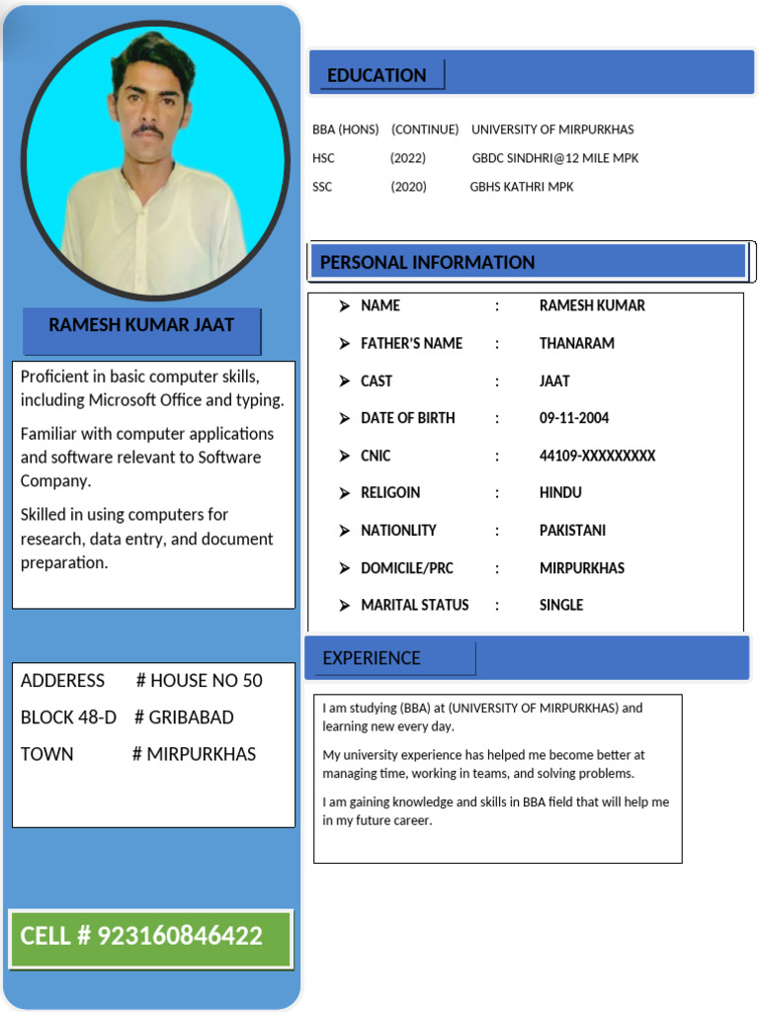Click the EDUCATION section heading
(x=377, y=75)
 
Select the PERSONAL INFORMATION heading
(x=427, y=262)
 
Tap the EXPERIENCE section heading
(x=372, y=658)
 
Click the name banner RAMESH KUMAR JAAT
(x=141, y=325)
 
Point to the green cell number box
(x=150, y=937)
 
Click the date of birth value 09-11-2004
(x=573, y=418)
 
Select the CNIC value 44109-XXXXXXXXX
(x=597, y=456)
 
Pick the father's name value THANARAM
(x=576, y=343)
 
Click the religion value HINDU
(x=560, y=492)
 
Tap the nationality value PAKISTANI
(x=572, y=530)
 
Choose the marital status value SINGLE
(x=560, y=605)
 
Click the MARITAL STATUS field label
(x=414, y=605)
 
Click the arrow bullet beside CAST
(x=344, y=380)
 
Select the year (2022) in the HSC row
(x=407, y=158)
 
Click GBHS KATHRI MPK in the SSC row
(x=521, y=187)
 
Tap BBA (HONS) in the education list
(x=345, y=129)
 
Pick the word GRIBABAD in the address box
(x=191, y=717)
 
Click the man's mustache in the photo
(x=148, y=129)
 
